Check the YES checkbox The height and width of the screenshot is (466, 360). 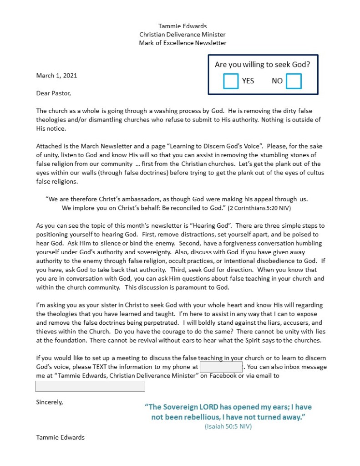231,81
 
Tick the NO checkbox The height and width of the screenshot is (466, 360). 294,81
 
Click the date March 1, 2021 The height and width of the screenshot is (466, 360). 56,76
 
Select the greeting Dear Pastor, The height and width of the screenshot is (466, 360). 54,93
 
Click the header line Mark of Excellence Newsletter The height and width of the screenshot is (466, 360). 183,43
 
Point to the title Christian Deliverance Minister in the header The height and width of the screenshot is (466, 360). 183,35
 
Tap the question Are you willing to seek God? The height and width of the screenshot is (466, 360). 263,65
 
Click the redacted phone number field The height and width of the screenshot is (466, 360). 221,367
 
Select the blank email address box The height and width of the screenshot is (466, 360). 90,386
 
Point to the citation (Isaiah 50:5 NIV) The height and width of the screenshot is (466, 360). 228,427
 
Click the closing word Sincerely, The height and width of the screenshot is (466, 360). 50,402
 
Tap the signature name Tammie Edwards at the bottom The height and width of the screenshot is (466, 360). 60,437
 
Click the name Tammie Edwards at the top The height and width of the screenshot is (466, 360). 183,26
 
